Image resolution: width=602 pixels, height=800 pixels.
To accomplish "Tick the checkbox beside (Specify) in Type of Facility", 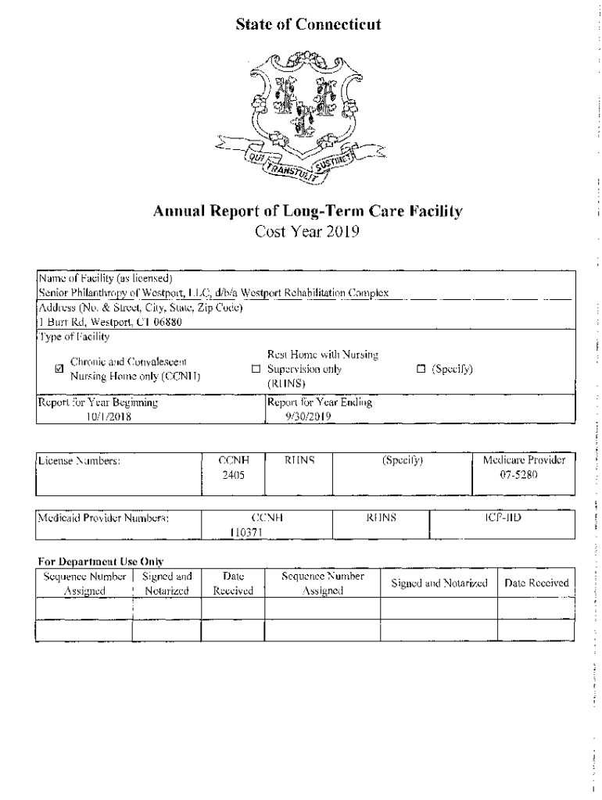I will click(421, 369).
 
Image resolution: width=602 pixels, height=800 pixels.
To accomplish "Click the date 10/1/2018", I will click(109, 416).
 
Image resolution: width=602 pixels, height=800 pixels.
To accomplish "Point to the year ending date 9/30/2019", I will click(310, 416).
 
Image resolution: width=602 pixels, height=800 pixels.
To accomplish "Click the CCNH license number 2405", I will click(233, 475).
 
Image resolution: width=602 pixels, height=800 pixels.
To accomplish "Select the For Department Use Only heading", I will click(100, 561).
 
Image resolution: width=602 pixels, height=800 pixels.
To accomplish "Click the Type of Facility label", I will click(74, 336).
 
